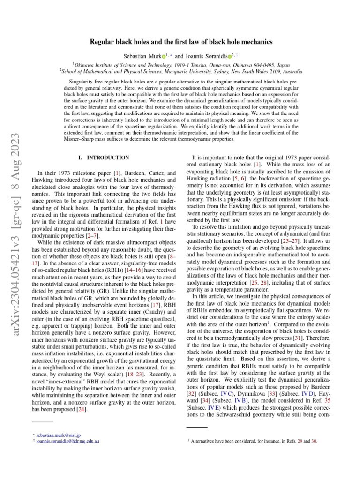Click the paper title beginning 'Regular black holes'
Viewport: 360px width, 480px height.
pyautogui.click(x=180, y=42)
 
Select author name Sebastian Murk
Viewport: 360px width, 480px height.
pyautogui.click(x=141, y=56)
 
